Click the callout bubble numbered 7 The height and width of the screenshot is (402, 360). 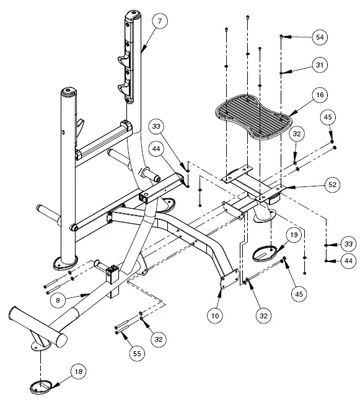[x=159, y=22]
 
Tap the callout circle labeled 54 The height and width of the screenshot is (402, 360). [x=320, y=38]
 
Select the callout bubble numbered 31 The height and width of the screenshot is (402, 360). [x=320, y=65]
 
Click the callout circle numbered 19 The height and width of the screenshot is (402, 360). [x=294, y=236]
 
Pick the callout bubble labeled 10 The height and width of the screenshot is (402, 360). [x=215, y=315]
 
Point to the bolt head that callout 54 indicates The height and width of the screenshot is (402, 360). [x=282, y=37]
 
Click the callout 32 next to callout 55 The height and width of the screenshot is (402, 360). [x=159, y=339]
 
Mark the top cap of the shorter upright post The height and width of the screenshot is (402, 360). [x=69, y=92]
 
